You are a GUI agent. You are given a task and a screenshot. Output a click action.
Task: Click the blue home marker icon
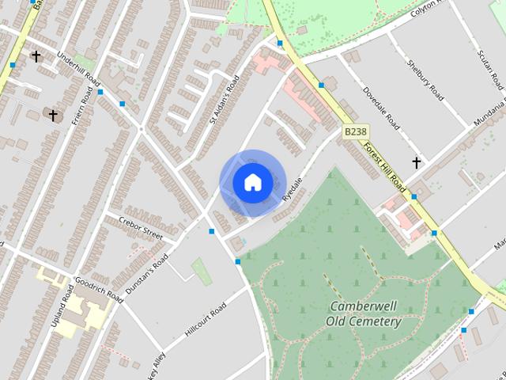[252, 183]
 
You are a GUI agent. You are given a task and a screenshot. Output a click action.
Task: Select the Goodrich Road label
[100, 289]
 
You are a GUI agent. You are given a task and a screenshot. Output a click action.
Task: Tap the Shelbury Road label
[425, 80]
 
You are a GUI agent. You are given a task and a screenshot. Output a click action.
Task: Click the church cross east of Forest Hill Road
[417, 162]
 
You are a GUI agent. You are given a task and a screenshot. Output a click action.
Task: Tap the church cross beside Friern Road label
[53, 116]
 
